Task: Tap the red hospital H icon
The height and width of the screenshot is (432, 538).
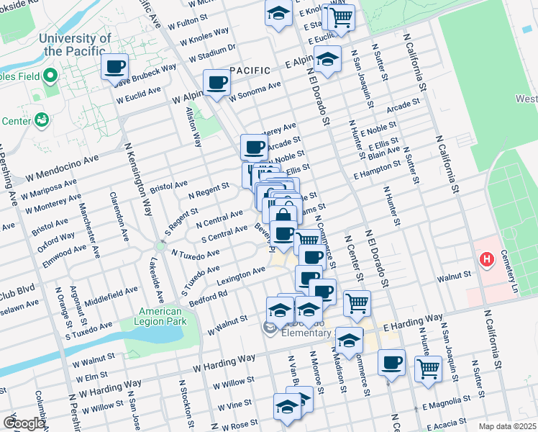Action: pyautogui.click(x=488, y=259)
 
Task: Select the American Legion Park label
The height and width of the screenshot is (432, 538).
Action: pyautogui.click(x=160, y=317)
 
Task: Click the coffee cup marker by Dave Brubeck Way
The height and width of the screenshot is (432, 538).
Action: pyautogui.click(x=115, y=68)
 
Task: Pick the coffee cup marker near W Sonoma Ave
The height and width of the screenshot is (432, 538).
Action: pyautogui.click(x=216, y=82)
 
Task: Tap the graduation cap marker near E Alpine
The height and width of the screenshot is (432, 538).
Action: pyautogui.click(x=327, y=60)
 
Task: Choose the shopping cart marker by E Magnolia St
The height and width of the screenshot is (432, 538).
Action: pyautogui.click(x=429, y=368)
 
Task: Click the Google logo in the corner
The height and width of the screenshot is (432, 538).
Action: pyautogui.click(x=24, y=423)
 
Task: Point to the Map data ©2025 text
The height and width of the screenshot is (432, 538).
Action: pyautogui.click(x=507, y=426)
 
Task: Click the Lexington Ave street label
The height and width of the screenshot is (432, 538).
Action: pyautogui.click(x=242, y=276)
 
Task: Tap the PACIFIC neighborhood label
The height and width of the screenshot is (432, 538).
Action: pyautogui.click(x=250, y=71)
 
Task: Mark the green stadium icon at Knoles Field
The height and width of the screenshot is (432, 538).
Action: pyautogui.click(x=50, y=75)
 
